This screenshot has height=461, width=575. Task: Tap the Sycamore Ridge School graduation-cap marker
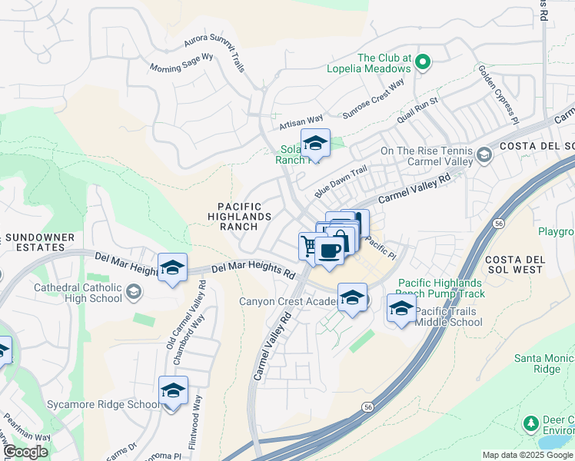point(173,391)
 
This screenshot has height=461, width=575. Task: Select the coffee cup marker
point(330,250)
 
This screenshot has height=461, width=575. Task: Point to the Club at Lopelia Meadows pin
point(422,64)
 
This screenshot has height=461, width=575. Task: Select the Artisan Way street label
point(301,121)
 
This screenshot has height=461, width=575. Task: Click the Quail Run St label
point(417,111)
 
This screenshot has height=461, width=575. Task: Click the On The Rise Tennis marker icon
point(484,156)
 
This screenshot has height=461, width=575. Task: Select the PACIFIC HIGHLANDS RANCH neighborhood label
point(239,217)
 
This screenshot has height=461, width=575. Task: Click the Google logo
point(25,453)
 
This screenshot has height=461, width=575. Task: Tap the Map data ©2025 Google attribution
point(527,455)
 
